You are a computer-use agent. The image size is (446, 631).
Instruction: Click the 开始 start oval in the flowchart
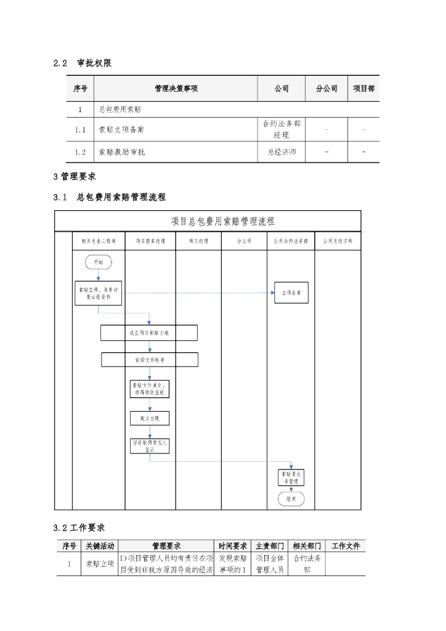pyautogui.click(x=98, y=262)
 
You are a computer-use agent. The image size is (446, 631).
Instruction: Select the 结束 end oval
pyautogui.click(x=291, y=499)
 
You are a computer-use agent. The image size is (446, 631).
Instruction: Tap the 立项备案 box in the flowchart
pyautogui.click(x=291, y=293)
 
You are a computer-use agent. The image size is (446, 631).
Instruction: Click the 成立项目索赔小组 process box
pyautogui.click(x=149, y=333)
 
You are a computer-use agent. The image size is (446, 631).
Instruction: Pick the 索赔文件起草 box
pyautogui.click(x=150, y=359)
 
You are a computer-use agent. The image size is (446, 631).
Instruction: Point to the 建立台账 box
pyautogui.click(x=150, y=418)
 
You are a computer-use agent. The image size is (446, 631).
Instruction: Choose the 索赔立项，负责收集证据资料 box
pyautogui.click(x=98, y=293)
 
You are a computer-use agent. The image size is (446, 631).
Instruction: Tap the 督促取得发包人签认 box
pyautogui.click(x=150, y=446)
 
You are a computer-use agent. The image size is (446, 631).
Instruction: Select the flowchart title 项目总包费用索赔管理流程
pyautogui.click(x=222, y=221)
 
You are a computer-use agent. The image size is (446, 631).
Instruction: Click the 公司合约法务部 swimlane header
pyautogui.click(x=291, y=242)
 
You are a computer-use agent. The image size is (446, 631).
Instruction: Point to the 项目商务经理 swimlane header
pyautogui.click(x=150, y=242)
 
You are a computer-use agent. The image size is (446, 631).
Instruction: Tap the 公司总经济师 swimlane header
pyautogui.click(x=338, y=242)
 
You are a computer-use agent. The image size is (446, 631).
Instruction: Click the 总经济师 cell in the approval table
pyautogui.click(x=282, y=152)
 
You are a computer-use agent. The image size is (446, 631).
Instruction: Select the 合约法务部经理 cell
pyautogui.click(x=282, y=129)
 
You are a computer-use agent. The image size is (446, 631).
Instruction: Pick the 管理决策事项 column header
pyautogui.click(x=176, y=89)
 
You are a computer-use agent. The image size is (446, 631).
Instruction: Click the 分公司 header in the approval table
pyautogui.click(x=326, y=89)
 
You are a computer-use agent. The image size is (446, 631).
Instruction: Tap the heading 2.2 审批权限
pyautogui.click(x=83, y=63)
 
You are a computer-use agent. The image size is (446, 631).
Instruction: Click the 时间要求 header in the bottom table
pyautogui.click(x=233, y=546)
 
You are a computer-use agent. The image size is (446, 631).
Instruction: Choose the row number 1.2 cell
pyautogui.click(x=80, y=152)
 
